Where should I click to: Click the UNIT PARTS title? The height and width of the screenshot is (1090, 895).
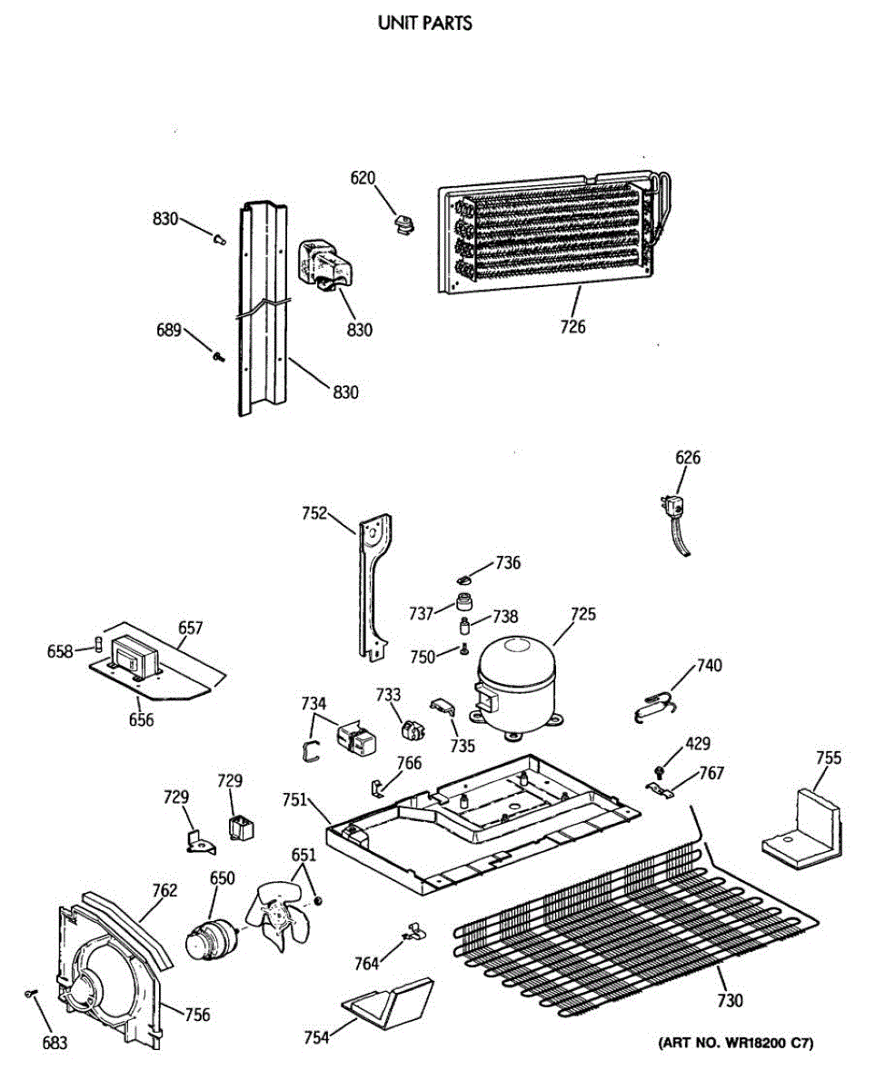tap(424, 25)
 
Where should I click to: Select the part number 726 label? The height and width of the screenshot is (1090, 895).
tap(573, 326)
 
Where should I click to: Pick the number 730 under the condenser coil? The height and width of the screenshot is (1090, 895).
tap(730, 1001)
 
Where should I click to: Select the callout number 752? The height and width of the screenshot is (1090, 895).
tap(314, 514)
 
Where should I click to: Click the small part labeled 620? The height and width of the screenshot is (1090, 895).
tap(401, 221)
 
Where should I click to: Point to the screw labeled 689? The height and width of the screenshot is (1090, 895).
tap(218, 358)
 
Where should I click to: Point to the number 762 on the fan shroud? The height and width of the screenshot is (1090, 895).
tap(164, 891)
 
